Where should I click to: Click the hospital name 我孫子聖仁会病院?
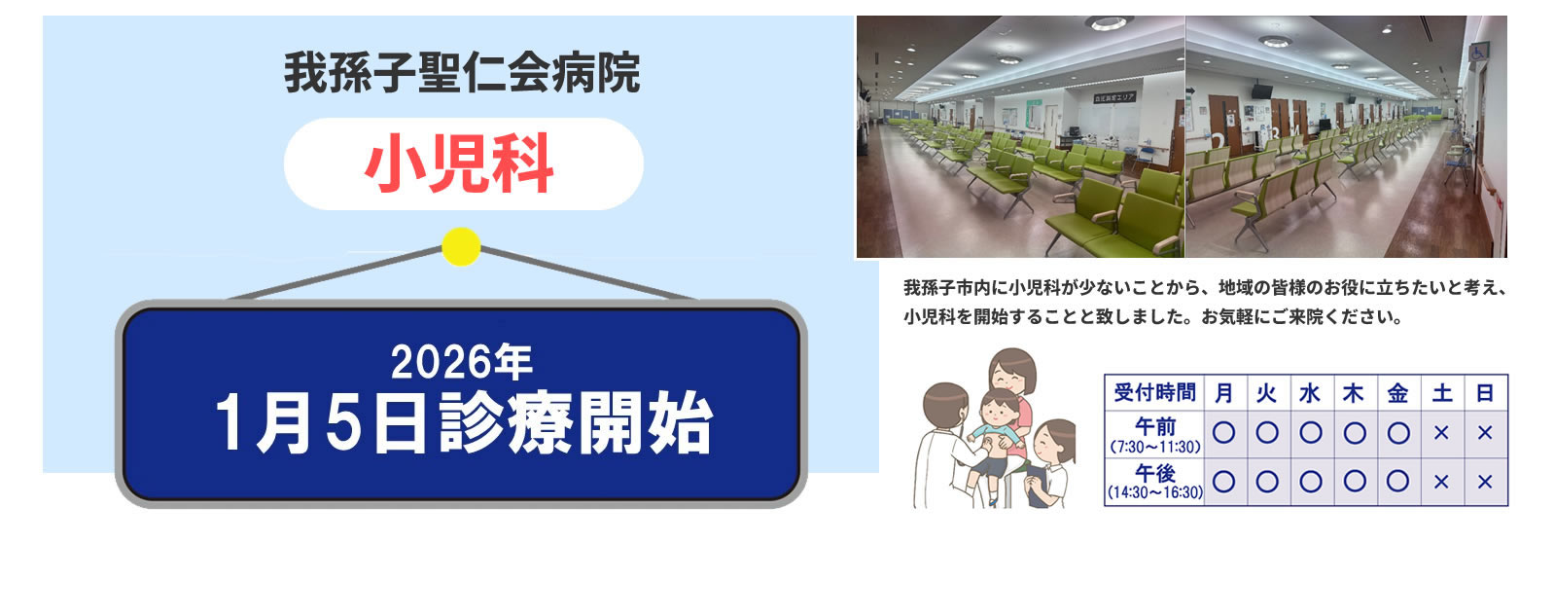click(x=461, y=73)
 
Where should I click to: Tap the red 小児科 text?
click(x=459, y=164)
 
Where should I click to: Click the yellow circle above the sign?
click(x=461, y=246)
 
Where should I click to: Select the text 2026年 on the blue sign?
click(x=461, y=362)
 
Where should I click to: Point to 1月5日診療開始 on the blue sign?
click(x=464, y=422)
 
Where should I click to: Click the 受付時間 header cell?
click(x=1154, y=393)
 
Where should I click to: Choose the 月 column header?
click(x=1224, y=393)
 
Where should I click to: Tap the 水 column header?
click(x=1310, y=393)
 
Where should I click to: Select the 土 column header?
click(x=1441, y=393)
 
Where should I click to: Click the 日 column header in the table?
click(x=1485, y=393)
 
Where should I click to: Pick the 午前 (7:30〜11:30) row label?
click(x=1154, y=435)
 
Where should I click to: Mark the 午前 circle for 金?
click(x=1397, y=433)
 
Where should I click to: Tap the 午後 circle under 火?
click(x=1267, y=482)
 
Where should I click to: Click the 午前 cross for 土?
click(x=1441, y=433)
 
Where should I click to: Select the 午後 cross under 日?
click(x=1485, y=482)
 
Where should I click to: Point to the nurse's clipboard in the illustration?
click(x=1037, y=486)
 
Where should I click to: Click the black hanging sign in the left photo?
click(x=1114, y=98)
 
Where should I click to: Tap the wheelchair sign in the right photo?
click(x=1478, y=53)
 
